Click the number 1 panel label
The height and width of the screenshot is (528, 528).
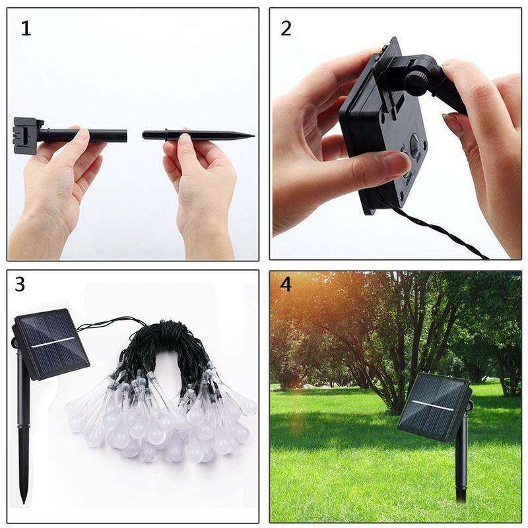pyautogui.click(x=26, y=29)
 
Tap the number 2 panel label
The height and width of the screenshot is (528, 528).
pyautogui.click(x=286, y=28)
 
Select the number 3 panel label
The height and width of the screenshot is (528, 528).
pyautogui.click(x=20, y=284)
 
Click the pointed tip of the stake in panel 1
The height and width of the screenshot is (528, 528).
pyautogui.click(x=251, y=136)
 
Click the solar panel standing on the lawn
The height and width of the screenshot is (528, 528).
pyautogui.click(x=433, y=405)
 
